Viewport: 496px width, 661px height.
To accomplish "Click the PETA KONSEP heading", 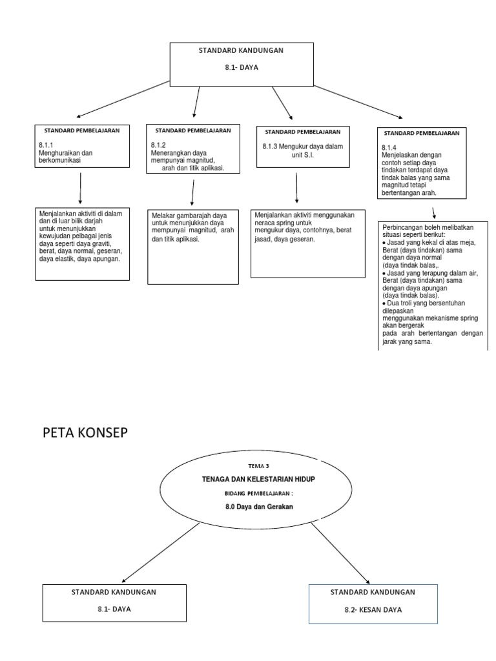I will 85,433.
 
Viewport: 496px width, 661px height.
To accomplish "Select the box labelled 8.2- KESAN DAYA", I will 373,604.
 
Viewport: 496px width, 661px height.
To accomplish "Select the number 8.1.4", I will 389,147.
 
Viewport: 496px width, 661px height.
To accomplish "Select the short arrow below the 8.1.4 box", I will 433,212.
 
